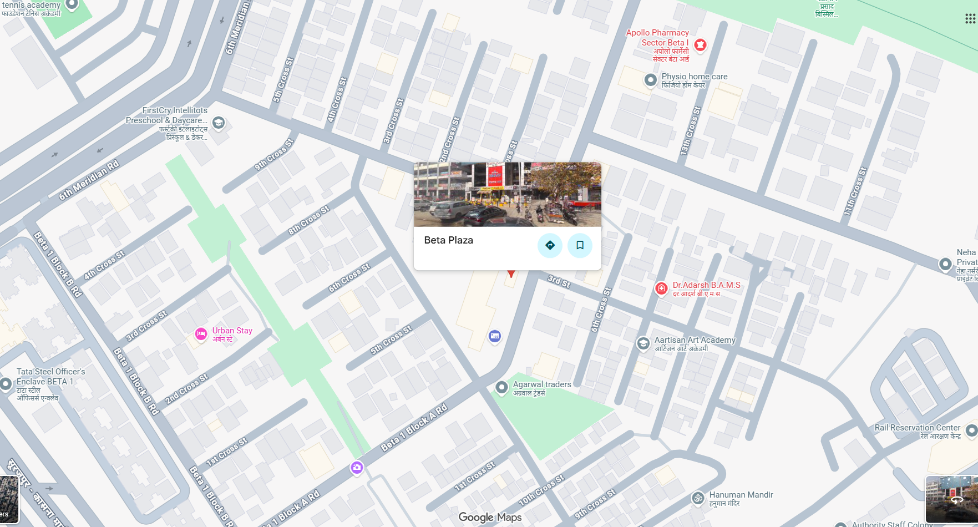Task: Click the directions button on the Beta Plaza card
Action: pyautogui.click(x=550, y=245)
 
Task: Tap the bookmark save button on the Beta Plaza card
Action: pyautogui.click(x=580, y=245)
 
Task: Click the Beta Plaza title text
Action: pyautogui.click(x=448, y=240)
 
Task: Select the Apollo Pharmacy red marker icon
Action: pyautogui.click(x=700, y=45)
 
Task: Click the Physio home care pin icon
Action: pyautogui.click(x=651, y=80)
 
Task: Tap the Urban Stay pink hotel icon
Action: pyautogui.click(x=201, y=334)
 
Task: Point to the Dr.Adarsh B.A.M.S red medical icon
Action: pyautogui.click(x=661, y=288)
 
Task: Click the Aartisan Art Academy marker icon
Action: pyautogui.click(x=643, y=343)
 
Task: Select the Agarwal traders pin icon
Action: pyautogui.click(x=501, y=387)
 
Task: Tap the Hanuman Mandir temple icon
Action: pyautogui.click(x=698, y=498)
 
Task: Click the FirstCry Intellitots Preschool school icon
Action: pyautogui.click(x=219, y=123)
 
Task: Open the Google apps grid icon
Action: pyautogui.click(x=970, y=19)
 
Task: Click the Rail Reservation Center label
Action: pyautogui.click(x=917, y=428)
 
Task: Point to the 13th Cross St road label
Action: pyautogui.click(x=691, y=130)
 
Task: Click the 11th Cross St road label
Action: pyautogui.click(x=855, y=191)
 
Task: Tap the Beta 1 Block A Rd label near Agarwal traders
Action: pyautogui.click(x=414, y=427)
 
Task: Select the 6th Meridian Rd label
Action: pyautogui.click(x=89, y=180)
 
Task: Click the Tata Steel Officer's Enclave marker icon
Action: pyautogui.click(x=6, y=383)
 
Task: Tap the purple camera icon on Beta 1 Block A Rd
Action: pyautogui.click(x=357, y=468)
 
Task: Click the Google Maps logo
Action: pyautogui.click(x=490, y=517)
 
